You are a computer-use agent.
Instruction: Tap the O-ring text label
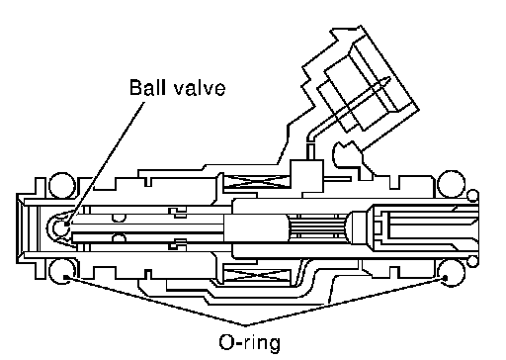coord(250,342)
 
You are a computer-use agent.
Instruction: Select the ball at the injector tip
coord(60,227)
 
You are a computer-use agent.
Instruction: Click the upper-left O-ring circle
coord(62,185)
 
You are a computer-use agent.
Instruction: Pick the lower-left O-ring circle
coord(62,271)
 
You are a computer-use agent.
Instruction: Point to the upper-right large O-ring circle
coord(452,184)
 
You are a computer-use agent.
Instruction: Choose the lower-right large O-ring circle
coord(452,273)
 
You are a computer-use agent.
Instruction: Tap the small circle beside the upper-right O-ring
coord(473,195)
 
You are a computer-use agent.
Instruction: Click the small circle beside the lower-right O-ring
coord(473,261)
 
